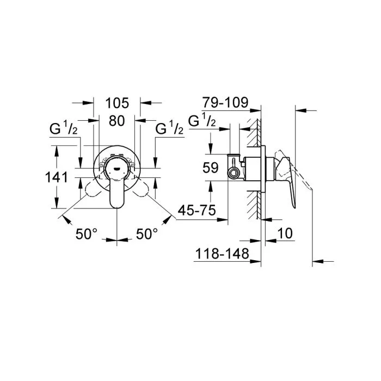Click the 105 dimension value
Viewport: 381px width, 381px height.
(117, 102)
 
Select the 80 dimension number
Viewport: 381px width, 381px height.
(117, 122)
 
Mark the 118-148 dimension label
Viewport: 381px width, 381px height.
(223, 253)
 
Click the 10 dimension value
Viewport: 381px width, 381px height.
(284, 233)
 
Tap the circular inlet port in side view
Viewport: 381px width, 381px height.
(234, 174)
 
